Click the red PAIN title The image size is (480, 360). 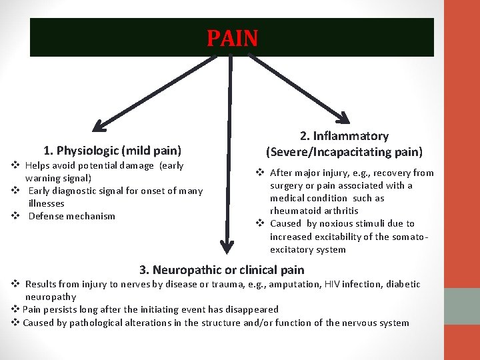point(232,39)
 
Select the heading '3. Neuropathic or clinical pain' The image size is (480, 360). point(221,270)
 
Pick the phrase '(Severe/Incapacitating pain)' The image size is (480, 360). point(344,151)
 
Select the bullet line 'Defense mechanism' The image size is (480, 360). point(72,216)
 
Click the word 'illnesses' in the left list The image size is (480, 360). point(47,203)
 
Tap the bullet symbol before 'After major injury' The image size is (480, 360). point(261,173)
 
